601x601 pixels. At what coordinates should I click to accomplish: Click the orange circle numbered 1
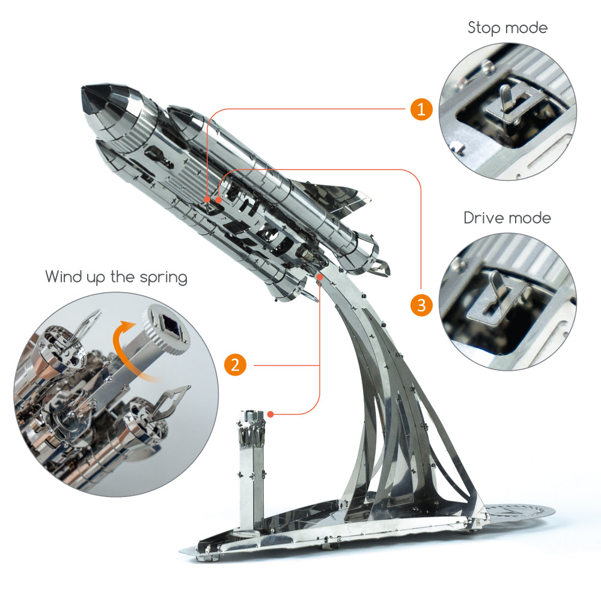coord(421,109)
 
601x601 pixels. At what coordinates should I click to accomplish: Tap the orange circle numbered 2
coord(236,365)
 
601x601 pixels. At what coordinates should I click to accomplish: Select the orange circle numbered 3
coord(421,305)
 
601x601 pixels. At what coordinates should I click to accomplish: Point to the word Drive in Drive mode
coord(484,218)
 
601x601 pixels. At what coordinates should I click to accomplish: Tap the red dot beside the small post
coord(271,414)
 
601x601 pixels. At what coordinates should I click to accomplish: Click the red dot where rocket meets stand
coord(320,277)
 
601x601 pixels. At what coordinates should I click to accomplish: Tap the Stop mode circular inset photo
coord(508,112)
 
